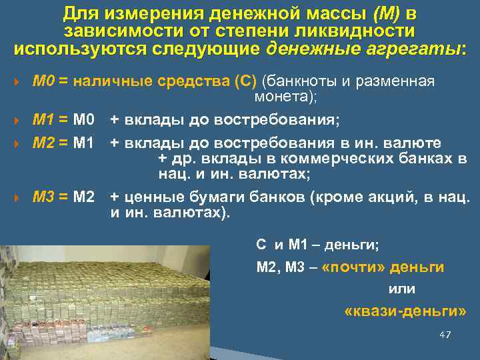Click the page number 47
pos(445,334)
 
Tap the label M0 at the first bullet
pos(43,82)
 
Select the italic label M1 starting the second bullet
pos(43,120)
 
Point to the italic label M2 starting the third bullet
pos(43,143)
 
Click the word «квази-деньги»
pos(405,311)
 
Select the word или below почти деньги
pos(401,289)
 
